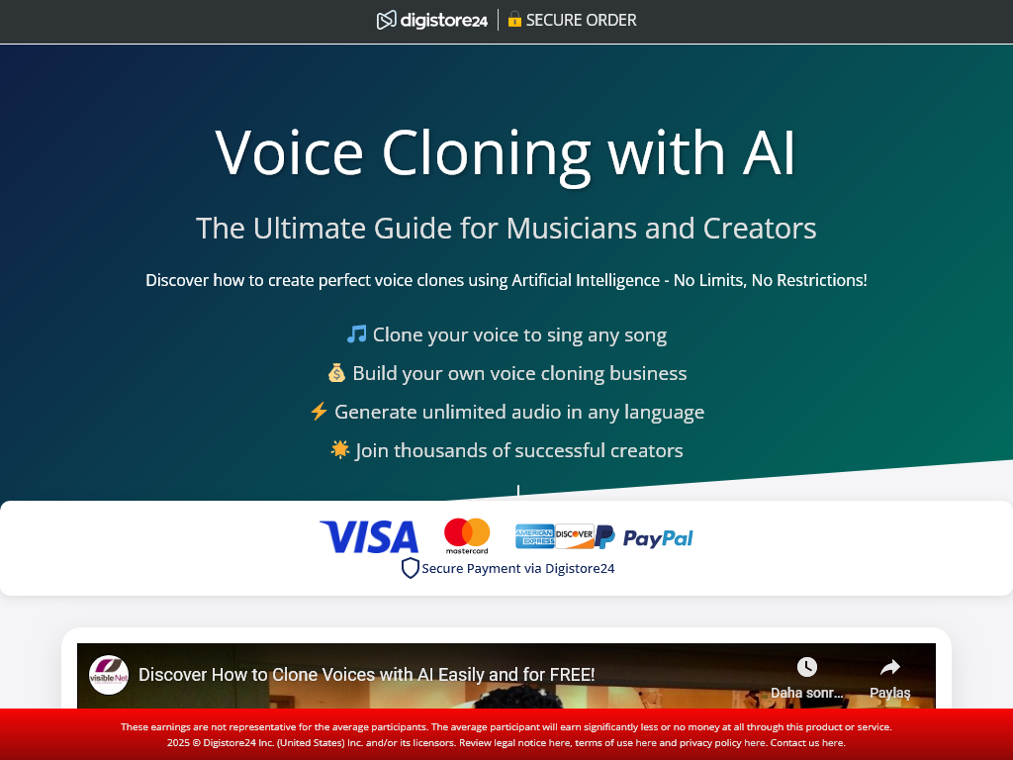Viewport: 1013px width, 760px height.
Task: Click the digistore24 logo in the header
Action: pos(431,20)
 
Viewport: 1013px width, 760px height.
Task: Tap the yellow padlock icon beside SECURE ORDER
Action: pos(514,20)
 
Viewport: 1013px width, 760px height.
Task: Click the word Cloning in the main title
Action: pos(486,153)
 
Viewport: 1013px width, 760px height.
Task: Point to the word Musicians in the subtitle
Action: pos(564,229)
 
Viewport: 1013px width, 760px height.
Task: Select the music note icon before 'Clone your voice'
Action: pos(356,334)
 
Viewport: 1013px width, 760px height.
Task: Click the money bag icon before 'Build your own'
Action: pos(336,373)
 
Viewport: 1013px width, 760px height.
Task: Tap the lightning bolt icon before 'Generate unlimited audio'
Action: pos(319,411)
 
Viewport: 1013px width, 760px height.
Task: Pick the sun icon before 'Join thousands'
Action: pos(340,449)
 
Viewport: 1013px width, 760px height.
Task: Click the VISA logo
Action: pos(369,536)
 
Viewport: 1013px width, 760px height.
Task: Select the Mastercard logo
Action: pos(467,535)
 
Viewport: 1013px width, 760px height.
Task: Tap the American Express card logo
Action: pos(534,536)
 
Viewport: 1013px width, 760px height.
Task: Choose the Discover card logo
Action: pos(575,536)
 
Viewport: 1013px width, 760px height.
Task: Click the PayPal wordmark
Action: pos(658,537)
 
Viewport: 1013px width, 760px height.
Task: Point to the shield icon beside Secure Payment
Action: pos(411,568)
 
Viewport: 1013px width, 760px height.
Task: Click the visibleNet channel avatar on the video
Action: pos(109,675)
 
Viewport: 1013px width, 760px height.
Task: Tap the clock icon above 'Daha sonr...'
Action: pos(807,666)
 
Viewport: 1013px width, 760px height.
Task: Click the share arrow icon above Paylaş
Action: pos(890,666)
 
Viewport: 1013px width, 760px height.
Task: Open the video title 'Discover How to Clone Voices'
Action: pos(366,675)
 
